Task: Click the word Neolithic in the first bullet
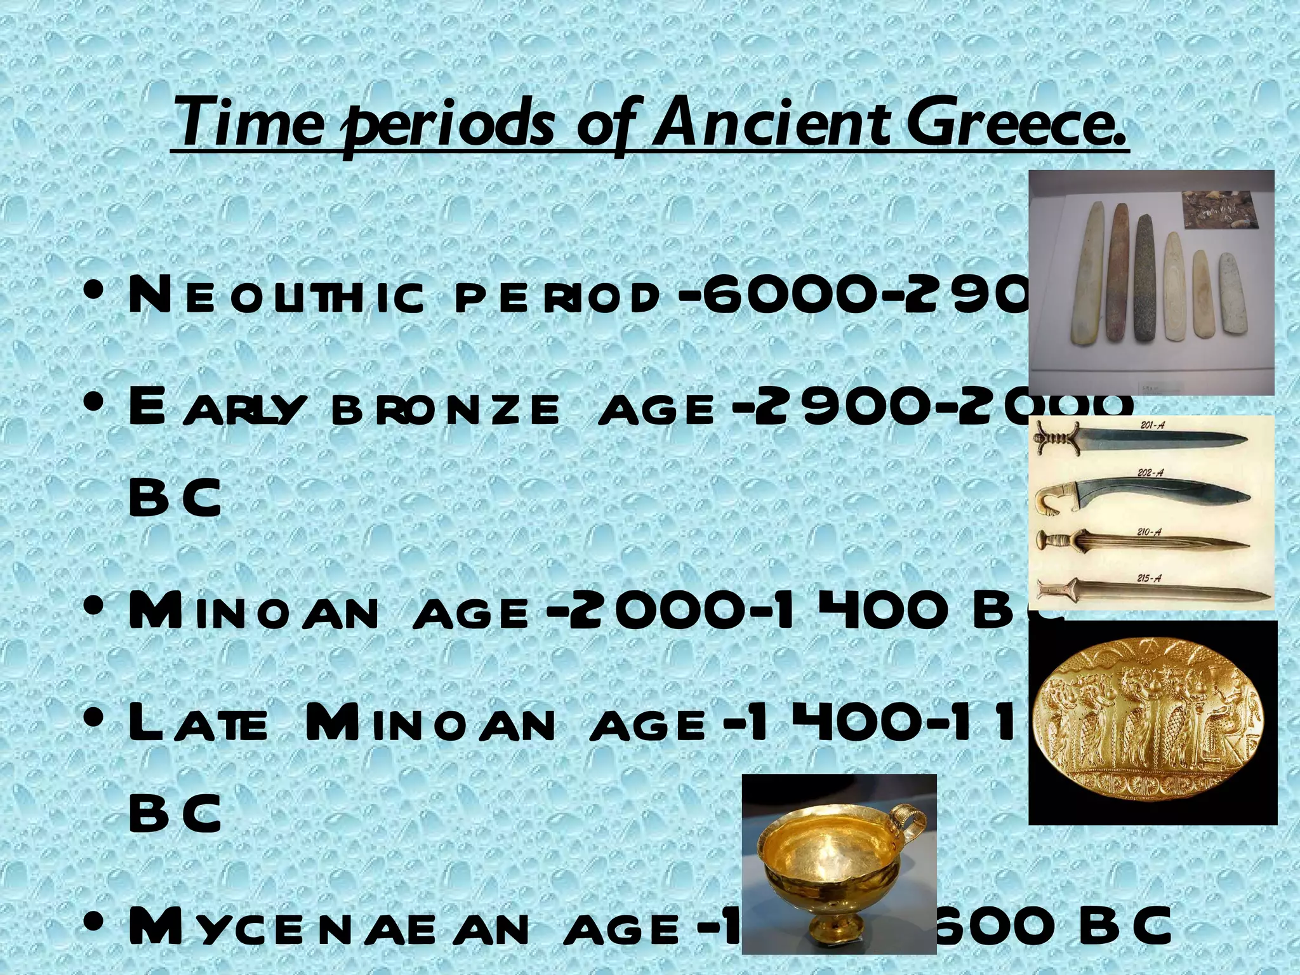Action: [275, 297]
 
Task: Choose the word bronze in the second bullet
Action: [444, 409]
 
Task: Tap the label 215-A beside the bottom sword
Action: [1149, 578]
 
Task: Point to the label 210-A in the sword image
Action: [1149, 532]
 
